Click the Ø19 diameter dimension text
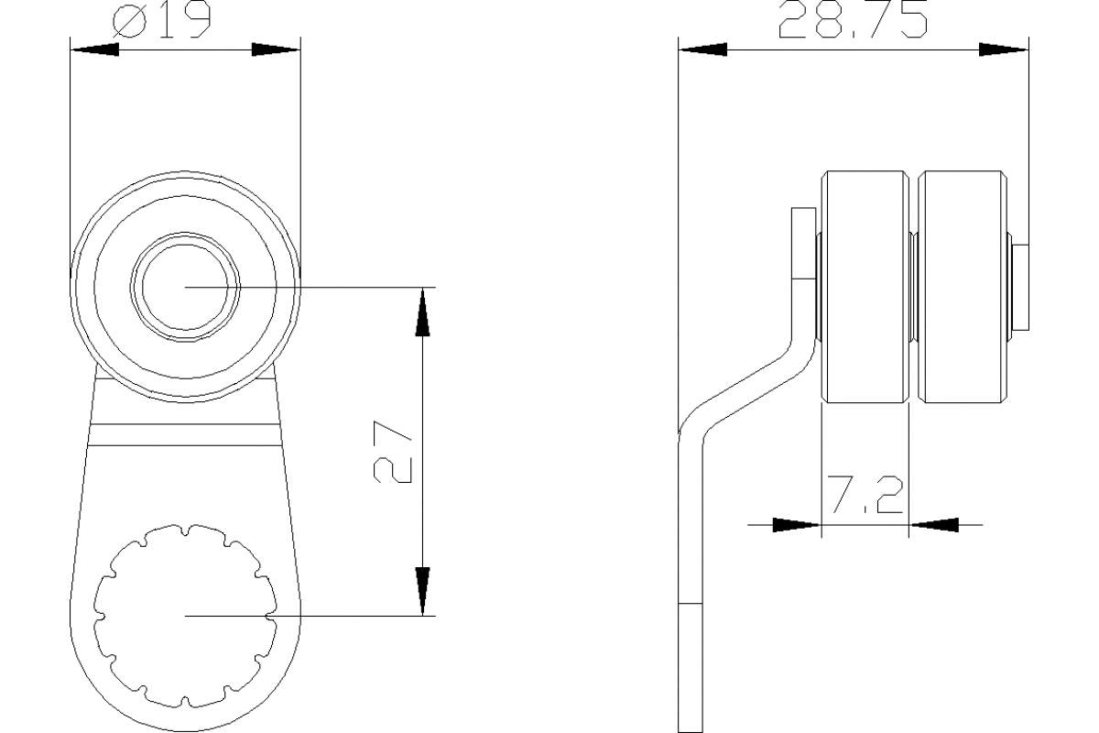pyautogui.click(x=162, y=19)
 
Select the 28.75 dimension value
pyautogui.click(x=853, y=19)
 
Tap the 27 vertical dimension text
pyautogui.click(x=393, y=452)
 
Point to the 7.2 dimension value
pyautogui.click(x=865, y=495)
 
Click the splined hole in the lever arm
pyautogui.click(x=185, y=616)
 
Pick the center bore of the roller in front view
pyautogui.click(x=185, y=287)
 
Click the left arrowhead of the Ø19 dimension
pyautogui.click(x=94, y=49)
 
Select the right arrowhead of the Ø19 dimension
pyautogui.click(x=276, y=49)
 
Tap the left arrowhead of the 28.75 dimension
pyautogui.click(x=703, y=49)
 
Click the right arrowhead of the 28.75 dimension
pyautogui.click(x=1004, y=49)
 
